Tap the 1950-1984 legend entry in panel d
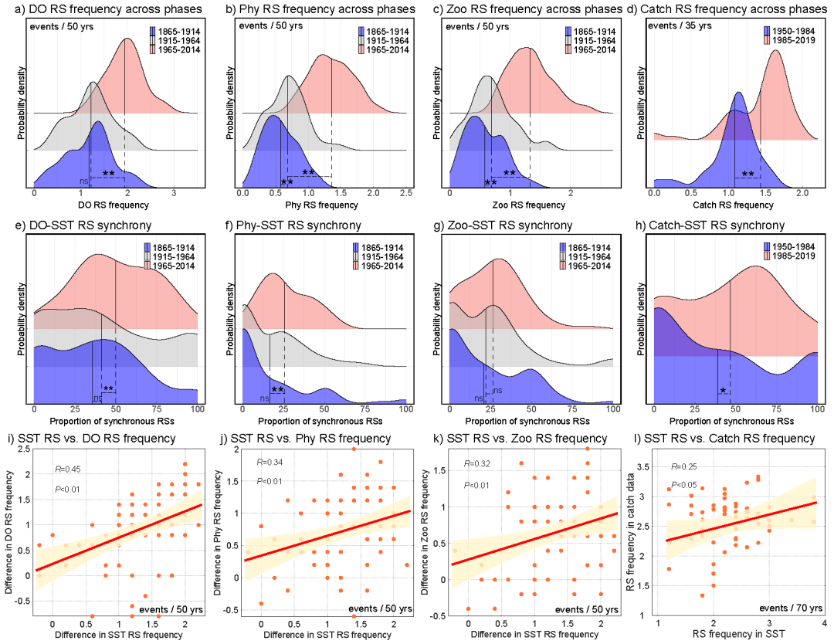794,31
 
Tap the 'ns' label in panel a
84,181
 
